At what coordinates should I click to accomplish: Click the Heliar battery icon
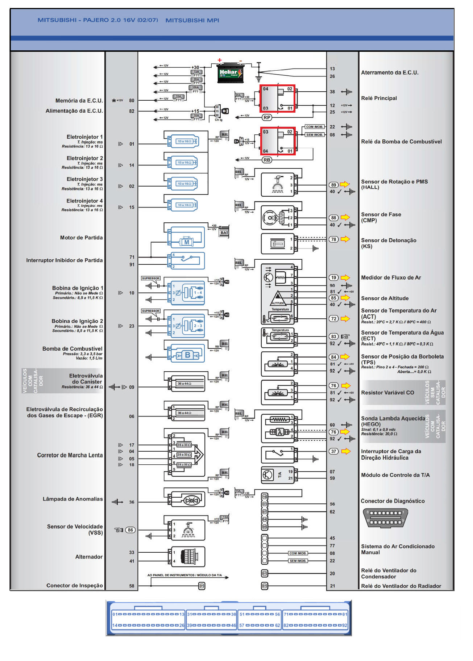[230, 74]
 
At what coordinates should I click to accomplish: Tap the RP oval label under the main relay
[267, 117]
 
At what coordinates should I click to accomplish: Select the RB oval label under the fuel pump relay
[267, 160]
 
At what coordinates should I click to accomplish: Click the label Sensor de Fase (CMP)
[381, 217]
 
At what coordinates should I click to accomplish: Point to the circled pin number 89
[333, 185]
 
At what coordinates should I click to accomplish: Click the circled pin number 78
[333, 239]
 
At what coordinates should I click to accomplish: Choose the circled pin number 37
[333, 451]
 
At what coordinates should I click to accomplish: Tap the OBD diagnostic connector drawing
[386, 518]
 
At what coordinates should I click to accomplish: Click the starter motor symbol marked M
[187, 242]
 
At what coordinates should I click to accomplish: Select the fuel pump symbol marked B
[187, 355]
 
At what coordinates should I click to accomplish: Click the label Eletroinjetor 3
[84, 179]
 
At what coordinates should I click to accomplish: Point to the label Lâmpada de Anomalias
[72, 499]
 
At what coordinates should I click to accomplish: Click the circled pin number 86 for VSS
[130, 530]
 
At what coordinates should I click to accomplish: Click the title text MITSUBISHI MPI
[192, 20]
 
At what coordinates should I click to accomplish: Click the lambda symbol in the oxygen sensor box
[280, 432]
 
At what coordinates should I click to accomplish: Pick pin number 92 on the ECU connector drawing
[344, 625]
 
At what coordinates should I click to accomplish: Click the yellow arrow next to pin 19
[345, 278]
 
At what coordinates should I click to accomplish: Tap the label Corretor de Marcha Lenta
[70, 455]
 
